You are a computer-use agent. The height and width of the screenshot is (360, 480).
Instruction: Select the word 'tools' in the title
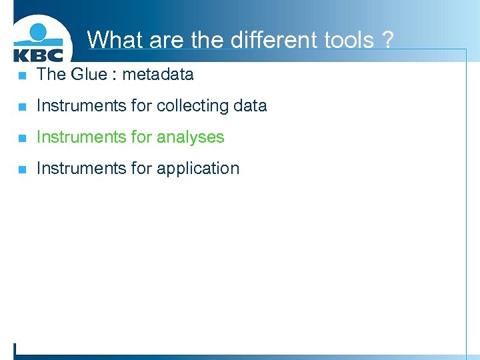pos(340,40)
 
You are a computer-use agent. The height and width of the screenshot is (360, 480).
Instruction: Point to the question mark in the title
pos(387,40)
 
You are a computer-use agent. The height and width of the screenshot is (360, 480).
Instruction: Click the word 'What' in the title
pos(115,40)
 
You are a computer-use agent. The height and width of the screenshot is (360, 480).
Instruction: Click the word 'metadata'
pos(158,74)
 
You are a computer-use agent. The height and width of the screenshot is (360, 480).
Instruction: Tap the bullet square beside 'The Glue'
pos(22,75)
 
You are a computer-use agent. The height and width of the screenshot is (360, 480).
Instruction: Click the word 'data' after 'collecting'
pos(250,105)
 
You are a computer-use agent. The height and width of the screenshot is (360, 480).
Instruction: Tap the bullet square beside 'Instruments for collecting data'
pos(22,107)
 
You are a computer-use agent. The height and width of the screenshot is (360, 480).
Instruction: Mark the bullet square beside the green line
pos(22,138)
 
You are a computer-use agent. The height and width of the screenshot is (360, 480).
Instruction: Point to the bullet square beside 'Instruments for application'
pos(22,169)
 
